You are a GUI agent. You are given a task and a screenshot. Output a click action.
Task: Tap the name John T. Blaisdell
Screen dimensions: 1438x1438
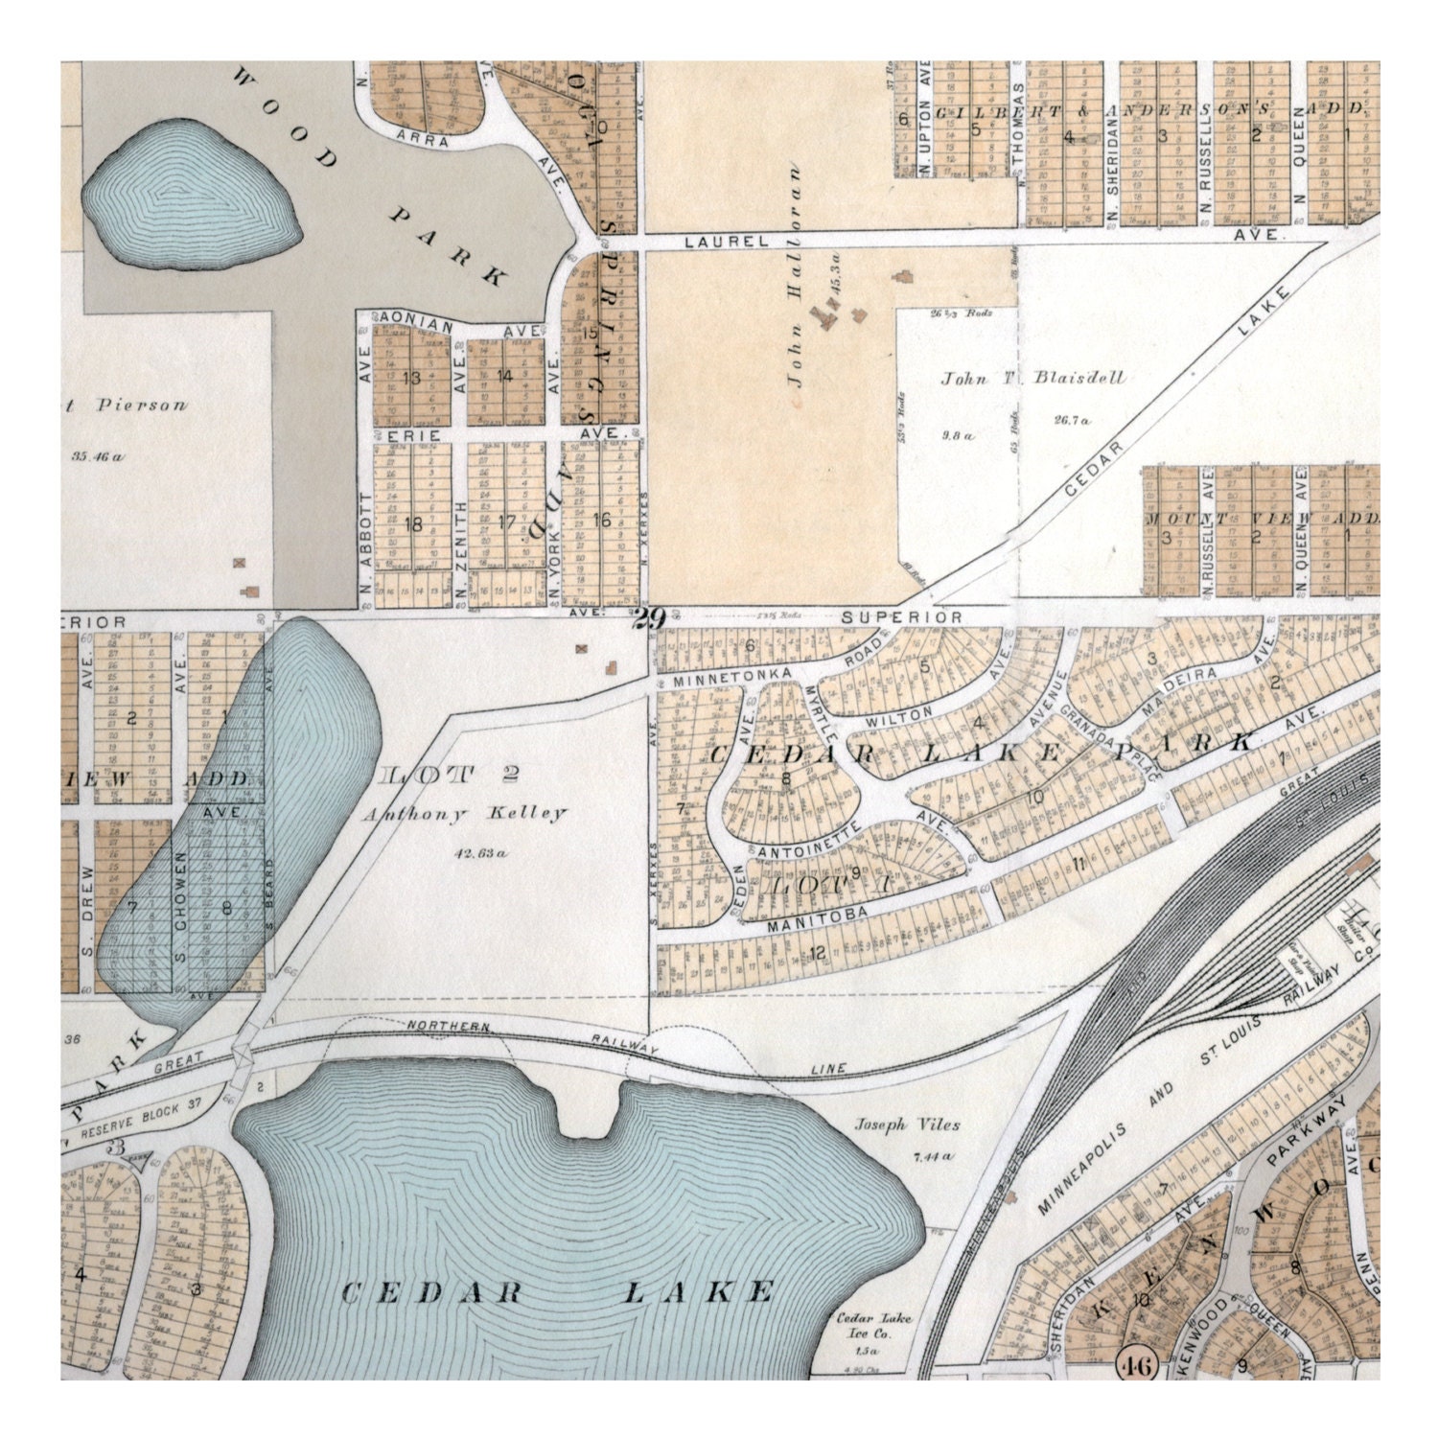(x=1032, y=378)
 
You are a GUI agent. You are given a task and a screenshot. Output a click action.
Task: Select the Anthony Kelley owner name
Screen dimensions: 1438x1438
(x=464, y=814)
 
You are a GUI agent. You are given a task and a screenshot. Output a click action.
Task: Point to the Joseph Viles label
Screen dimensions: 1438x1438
(x=907, y=1125)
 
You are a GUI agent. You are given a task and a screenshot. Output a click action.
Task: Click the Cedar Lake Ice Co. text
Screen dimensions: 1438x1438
(x=874, y=1326)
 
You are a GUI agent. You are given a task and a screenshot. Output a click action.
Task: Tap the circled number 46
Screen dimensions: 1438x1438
(x=1137, y=1363)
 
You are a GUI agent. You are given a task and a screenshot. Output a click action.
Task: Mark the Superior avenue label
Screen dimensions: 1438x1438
(x=901, y=617)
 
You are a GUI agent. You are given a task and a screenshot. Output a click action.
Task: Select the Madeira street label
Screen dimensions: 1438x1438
(x=1192, y=680)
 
